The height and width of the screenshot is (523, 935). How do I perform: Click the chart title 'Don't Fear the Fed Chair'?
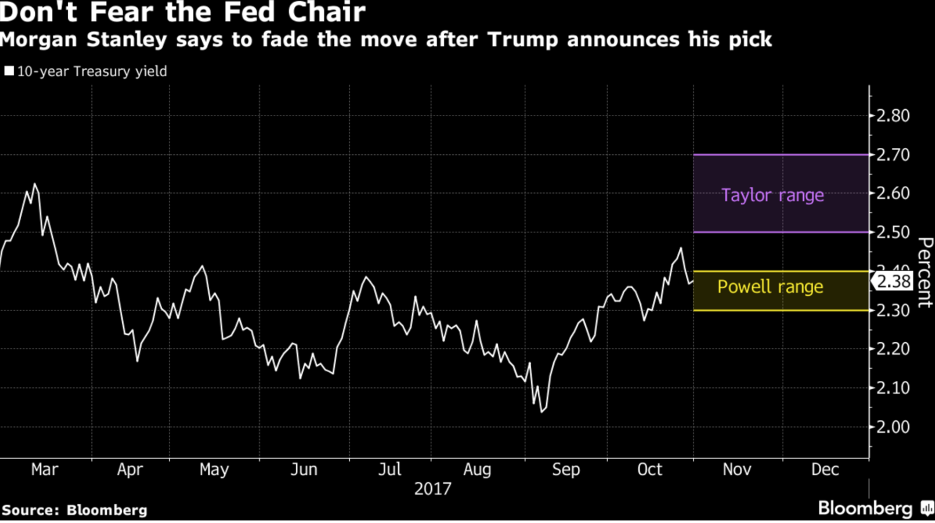tap(183, 12)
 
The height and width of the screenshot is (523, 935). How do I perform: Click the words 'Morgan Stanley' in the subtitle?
tap(83, 39)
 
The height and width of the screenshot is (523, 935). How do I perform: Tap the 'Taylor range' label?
tap(772, 195)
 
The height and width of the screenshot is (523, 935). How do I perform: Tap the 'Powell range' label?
tap(770, 287)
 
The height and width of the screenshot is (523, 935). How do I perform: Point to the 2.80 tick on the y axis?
tap(892, 116)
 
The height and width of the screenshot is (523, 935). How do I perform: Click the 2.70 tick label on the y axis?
tap(892, 155)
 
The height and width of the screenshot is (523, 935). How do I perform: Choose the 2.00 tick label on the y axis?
tap(892, 427)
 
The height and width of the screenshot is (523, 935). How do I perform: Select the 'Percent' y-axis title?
tap(925, 273)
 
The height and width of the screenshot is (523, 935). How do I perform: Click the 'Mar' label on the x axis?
tap(44, 470)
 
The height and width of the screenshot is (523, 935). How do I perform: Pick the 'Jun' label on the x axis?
tap(304, 470)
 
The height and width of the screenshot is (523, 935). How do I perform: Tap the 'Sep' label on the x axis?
tap(565, 470)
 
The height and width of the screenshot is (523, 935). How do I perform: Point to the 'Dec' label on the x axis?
tap(825, 470)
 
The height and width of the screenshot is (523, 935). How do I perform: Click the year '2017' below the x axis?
tap(433, 489)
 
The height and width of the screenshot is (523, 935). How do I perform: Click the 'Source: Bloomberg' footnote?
tap(74, 510)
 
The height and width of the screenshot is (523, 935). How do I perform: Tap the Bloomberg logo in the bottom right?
tap(874, 508)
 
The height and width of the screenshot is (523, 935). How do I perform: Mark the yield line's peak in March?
tap(34, 184)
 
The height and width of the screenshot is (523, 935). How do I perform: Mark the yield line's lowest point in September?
tap(542, 412)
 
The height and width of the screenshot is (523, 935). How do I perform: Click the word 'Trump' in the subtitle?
tap(523, 39)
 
